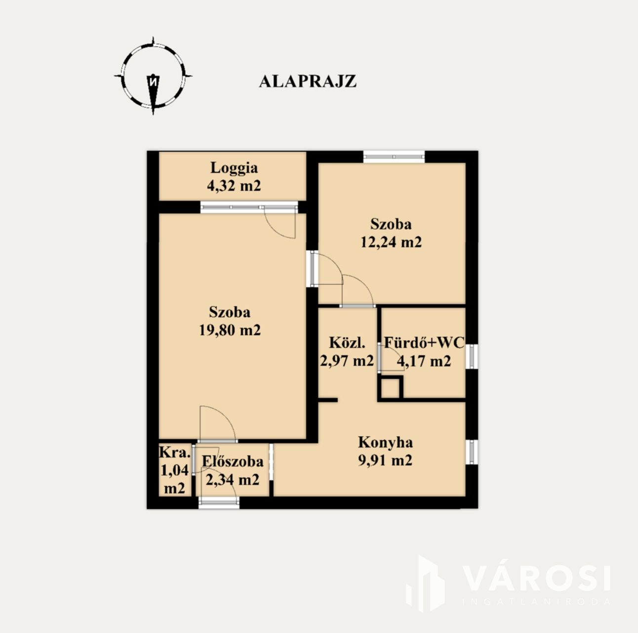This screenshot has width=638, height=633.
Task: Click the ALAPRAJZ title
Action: (x=308, y=82)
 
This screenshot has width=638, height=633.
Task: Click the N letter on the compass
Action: (x=153, y=81)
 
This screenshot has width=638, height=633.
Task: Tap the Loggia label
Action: (x=234, y=168)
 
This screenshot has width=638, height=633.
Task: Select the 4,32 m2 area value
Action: (x=234, y=185)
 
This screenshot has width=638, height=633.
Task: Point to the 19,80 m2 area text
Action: (x=230, y=330)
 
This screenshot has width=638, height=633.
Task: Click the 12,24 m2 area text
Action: (x=391, y=242)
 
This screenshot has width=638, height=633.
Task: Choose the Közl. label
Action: (x=347, y=343)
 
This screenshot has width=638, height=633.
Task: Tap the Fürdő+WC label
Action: (x=424, y=343)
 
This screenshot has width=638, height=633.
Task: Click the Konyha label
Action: (x=385, y=443)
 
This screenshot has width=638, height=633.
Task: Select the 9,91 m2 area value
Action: (x=385, y=460)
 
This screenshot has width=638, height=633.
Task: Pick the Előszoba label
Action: (x=233, y=461)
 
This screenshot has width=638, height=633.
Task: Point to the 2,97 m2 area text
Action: (x=347, y=361)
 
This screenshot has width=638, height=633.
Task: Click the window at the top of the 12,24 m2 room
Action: (x=394, y=156)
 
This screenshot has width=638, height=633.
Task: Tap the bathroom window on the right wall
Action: (x=472, y=357)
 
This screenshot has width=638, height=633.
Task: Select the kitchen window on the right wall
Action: (x=472, y=452)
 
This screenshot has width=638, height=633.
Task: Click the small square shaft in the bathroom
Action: (x=390, y=388)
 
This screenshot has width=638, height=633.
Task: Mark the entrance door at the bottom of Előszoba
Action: (x=219, y=502)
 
